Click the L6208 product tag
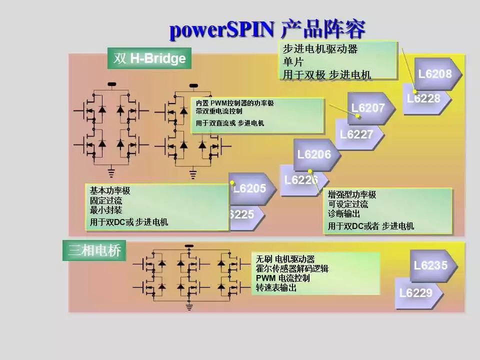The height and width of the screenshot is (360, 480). coord(435,74)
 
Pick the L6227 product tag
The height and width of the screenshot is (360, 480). coord(356,134)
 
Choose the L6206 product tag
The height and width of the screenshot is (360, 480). coord(314,154)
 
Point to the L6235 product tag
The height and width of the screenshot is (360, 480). coord(430,265)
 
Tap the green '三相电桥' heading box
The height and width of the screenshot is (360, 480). coord(94,250)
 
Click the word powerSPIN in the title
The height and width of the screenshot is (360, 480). coord(221,30)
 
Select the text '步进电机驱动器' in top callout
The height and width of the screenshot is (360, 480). coord(320,49)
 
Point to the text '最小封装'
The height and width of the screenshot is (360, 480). coord(106,210)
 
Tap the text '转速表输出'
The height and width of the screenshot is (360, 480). coord(276,288)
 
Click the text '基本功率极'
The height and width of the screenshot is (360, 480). coord(110,190)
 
